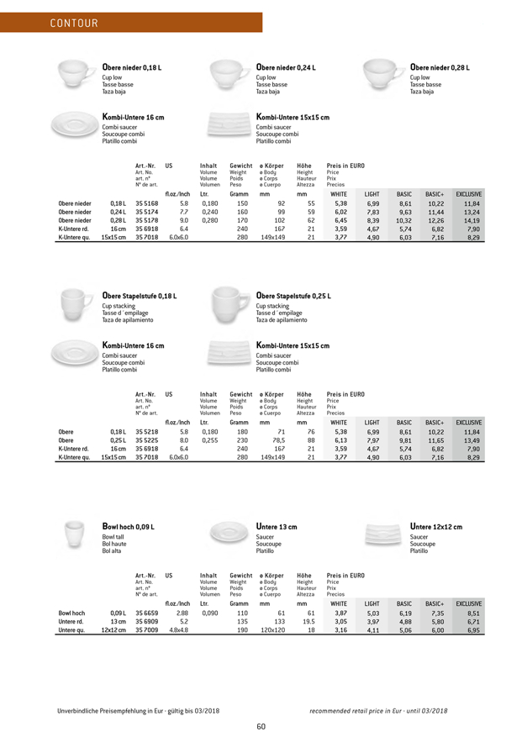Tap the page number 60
(x=261, y=726)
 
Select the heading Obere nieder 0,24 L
(x=291, y=67)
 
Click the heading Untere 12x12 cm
(x=436, y=526)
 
